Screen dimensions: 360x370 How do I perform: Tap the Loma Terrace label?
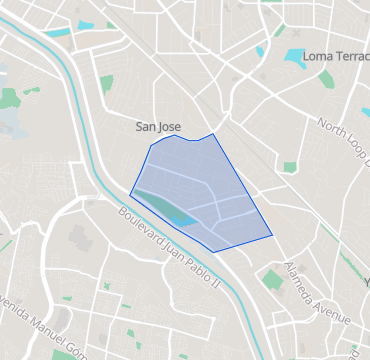point(335,56)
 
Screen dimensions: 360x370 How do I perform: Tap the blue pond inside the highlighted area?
point(181,216)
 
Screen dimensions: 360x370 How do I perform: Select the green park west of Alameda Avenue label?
point(271,279)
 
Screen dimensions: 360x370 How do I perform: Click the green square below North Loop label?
point(290,167)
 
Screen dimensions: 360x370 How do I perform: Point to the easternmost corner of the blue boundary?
point(273,236)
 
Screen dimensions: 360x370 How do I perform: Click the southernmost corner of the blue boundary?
point(214,251)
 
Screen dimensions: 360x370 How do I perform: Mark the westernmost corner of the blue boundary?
point(131,193)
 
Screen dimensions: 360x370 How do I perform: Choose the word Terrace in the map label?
point(353,56)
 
